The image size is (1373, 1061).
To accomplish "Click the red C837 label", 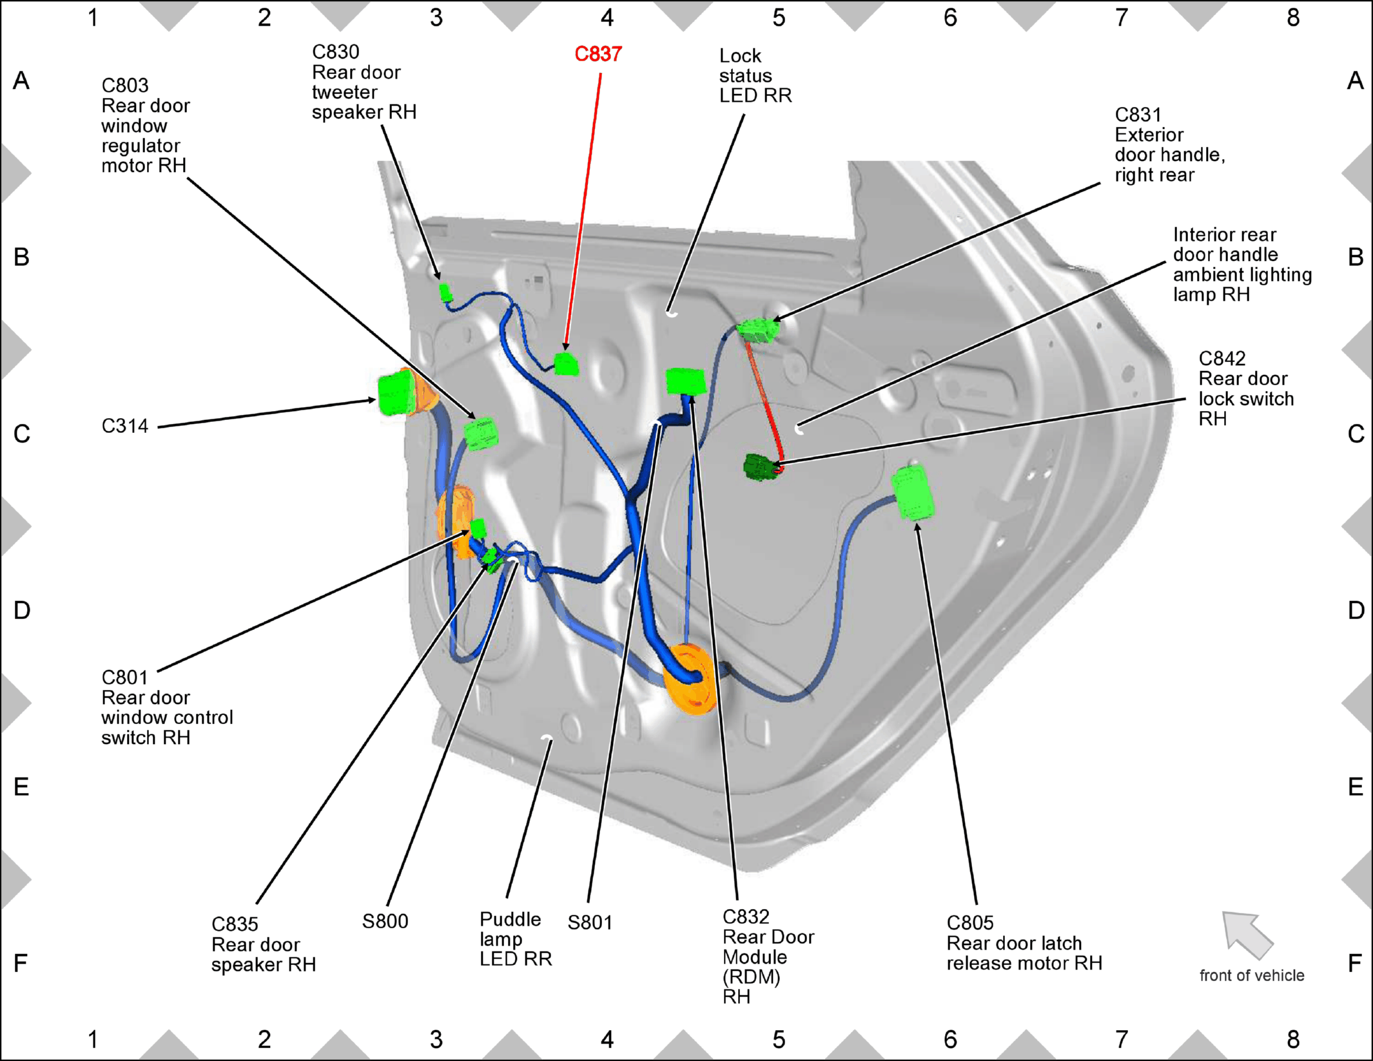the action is coord(598,54).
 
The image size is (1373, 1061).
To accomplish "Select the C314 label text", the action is coord(125,426).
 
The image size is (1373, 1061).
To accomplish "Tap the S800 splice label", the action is coord(385,921).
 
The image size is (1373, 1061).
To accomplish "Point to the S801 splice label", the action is coord(590,922).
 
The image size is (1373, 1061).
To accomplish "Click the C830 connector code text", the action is coord(335,52).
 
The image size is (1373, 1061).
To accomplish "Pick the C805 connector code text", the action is coord(970,922).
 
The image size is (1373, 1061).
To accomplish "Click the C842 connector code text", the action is coord(1222,358).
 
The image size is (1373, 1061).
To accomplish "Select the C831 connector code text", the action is coord(1138,115).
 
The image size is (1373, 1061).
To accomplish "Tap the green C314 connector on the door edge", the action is coord(396,393).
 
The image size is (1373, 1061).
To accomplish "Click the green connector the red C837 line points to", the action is coord(567,364).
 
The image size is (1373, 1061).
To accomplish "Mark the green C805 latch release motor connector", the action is coord(913,493).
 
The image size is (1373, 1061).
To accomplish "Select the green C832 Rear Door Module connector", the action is coord(685,381).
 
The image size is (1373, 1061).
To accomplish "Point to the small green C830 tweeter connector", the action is coord(445,292).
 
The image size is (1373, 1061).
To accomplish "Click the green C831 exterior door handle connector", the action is coord(758,330).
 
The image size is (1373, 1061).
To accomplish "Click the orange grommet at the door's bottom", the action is coord(690,679).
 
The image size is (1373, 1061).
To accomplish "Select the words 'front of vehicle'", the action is coord(1251,975).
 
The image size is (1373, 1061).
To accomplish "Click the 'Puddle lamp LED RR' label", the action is coord(516,939).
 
